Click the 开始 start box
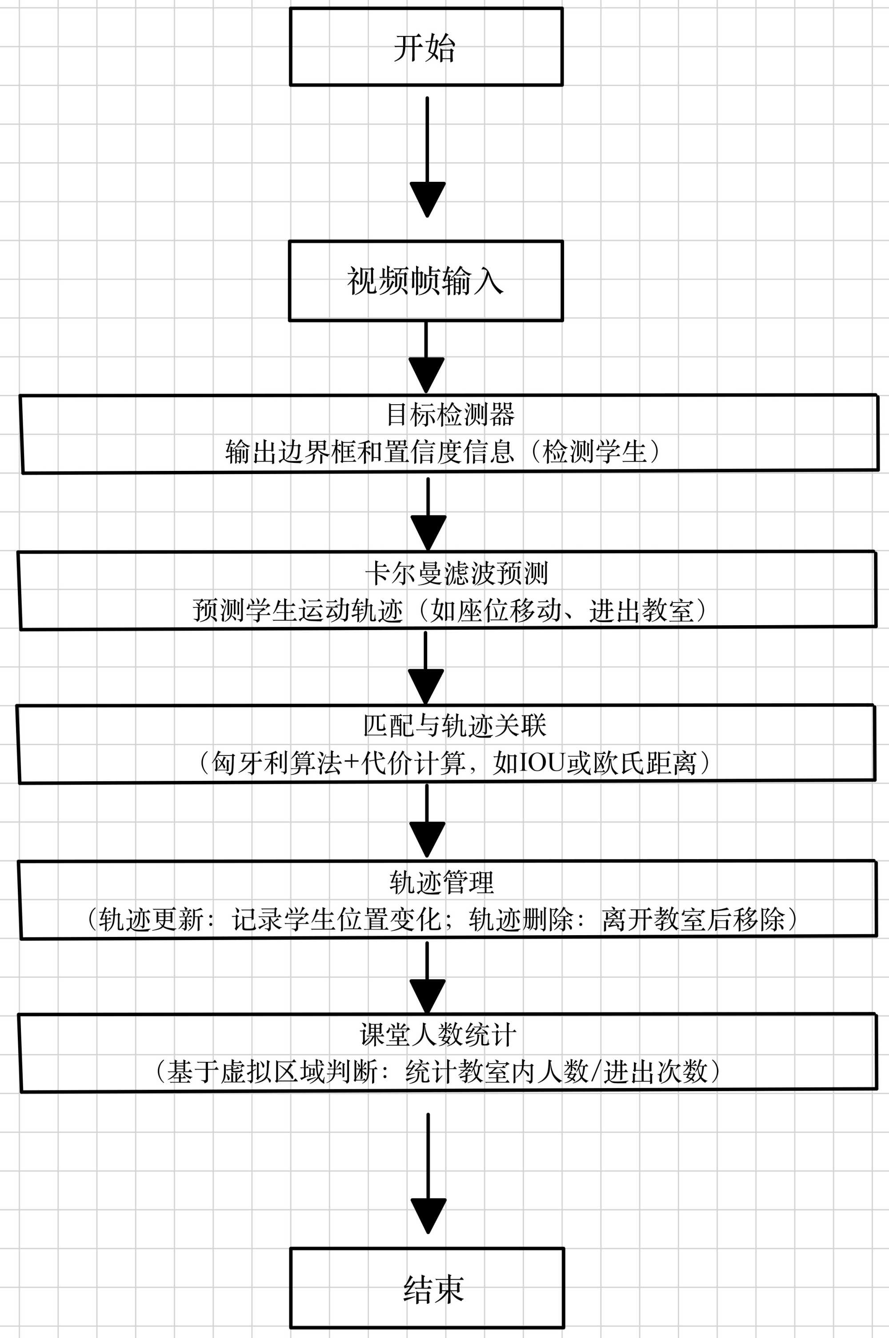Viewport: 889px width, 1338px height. tap(426, 47)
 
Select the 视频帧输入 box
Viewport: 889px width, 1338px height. tap(426, 281)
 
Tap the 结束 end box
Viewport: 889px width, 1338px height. tap(427, 1288)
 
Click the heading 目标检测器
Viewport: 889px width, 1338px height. tap(450, 414)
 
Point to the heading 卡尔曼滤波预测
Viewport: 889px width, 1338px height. tap(457, 573)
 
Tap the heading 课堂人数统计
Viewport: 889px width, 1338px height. tap(438, 1035)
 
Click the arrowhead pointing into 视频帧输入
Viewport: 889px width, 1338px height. tap(427, 199)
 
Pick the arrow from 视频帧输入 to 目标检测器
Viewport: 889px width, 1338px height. tap(426, 358)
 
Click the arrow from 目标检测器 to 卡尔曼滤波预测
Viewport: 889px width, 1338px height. tap(428, 513)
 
